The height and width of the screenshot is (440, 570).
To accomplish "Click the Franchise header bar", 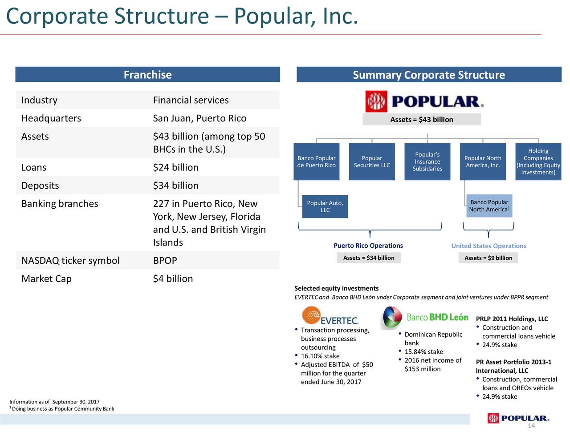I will pyautogui.click(x=147, y=75).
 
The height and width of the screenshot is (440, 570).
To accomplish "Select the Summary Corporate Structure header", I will pyautogui.click(x=428, y=75).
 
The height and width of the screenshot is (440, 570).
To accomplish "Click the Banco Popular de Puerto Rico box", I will pyautogui.click(x=316, y=162).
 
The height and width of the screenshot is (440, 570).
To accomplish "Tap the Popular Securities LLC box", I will pyautogui.click(x=372, y=162).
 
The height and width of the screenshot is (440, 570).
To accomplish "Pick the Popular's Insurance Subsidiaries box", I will pyautogui.click(x=427, y=162).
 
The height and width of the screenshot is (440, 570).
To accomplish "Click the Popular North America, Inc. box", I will pyautogui.click(x=483, y=162).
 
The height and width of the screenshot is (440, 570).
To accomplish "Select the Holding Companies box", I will pyautogui.click(x=538, y=162).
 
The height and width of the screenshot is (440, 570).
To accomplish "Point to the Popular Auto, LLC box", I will pyautogui.click(x=325, y=206).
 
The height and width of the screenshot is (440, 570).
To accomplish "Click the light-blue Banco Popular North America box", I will pyautogui.click(x=489, y=206).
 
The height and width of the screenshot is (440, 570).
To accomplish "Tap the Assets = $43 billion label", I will pyautogui.click(x=421, y=120).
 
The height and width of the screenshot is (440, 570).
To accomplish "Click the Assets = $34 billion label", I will pyautogui.click(x=369, y=258).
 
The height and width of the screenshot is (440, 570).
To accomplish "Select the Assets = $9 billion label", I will pyautogui.click(x=488, y=258).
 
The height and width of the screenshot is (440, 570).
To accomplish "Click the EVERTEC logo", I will pyautogui.click(x=330, y=316).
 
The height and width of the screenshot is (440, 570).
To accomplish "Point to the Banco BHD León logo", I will pyautogui.click(x=425, y=317).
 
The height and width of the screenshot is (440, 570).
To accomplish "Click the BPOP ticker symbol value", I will pyautogui.click(x=165, y=261).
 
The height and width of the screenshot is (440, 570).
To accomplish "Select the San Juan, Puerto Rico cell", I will pyautogui.click(x=199, y=118).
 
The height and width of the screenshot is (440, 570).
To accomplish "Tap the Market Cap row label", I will pyautogui.click(x=46, y=279).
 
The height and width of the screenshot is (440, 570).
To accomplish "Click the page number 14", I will pyautogui.click(x=531, y=426).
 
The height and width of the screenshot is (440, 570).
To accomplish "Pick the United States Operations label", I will pyautogui.click(x=489, y=246).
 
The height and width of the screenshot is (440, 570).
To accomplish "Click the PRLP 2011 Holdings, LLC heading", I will pyautogui.click(x=512, y=319).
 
